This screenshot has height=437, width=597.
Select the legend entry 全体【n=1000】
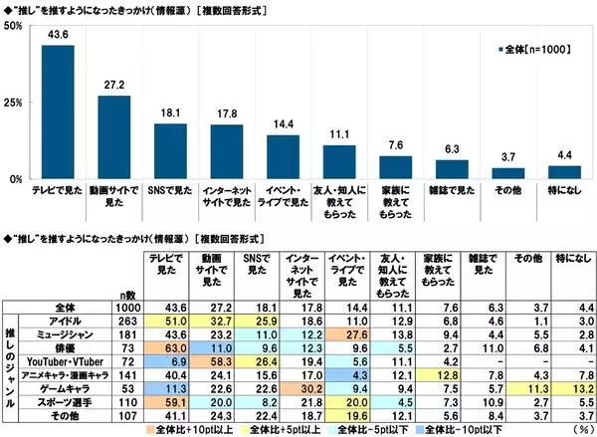point(534,47)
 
